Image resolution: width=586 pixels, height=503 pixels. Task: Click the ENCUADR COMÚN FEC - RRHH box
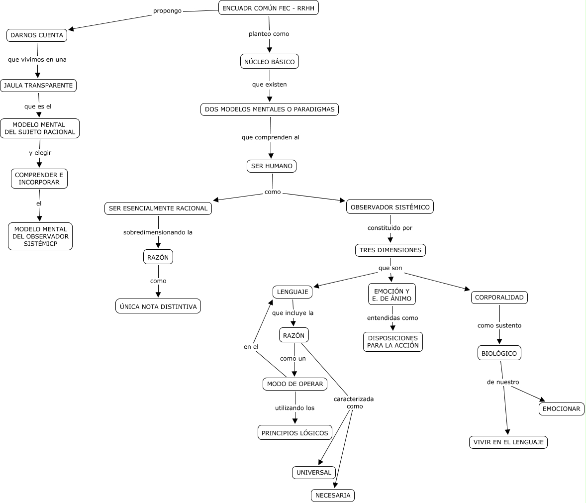268,8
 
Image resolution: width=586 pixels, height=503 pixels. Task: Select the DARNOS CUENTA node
37,35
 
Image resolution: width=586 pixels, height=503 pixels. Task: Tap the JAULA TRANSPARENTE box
38,86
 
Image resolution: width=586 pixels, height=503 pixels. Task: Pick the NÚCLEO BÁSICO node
269,62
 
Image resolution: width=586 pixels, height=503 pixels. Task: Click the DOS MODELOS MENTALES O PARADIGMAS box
270,109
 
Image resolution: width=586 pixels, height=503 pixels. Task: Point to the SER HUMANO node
272,166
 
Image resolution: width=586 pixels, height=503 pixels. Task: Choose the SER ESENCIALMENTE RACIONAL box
158,208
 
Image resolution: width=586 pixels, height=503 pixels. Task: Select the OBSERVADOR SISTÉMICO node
390,207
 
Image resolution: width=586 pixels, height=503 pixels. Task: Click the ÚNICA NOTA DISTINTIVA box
158,306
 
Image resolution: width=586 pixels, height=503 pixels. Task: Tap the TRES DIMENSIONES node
390,250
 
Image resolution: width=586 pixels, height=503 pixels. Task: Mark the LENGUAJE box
293,292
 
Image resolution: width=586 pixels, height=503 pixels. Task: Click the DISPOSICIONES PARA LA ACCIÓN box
393,342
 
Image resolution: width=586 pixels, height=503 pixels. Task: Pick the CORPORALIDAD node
499,298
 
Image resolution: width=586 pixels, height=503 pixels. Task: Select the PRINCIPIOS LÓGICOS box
295,433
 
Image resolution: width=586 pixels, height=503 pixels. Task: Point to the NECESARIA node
333,496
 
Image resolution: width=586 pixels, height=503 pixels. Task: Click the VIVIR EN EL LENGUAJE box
508,442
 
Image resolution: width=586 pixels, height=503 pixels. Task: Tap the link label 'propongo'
167,10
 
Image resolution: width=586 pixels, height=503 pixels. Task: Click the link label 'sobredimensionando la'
158,232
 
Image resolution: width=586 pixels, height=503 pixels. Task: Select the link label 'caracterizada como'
354,402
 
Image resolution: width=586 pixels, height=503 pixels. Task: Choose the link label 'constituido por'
390,228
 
